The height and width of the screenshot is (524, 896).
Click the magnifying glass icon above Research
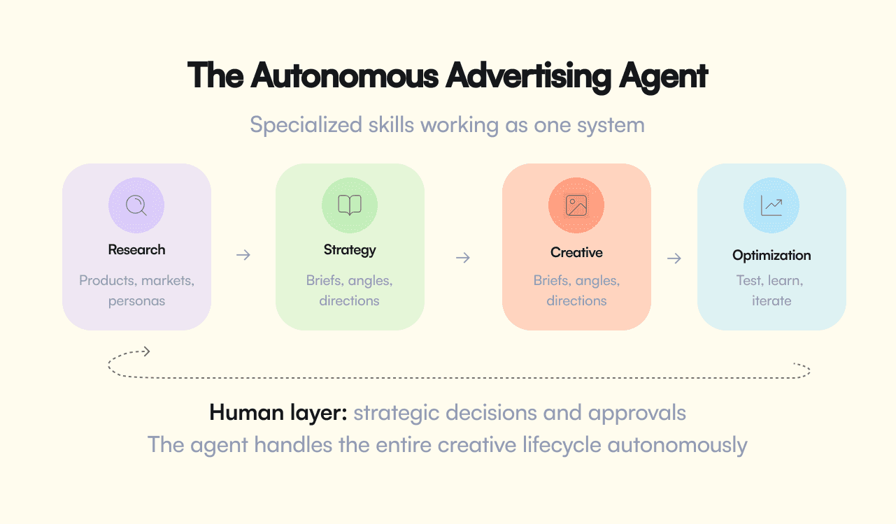136,205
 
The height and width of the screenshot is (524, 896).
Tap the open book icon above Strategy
350,205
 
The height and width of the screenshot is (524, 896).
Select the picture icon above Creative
576,205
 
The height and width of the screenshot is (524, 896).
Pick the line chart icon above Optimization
771,205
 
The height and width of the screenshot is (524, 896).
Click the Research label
136,249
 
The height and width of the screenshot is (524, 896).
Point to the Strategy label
350,249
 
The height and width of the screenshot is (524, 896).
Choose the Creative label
576,252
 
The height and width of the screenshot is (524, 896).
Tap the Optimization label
771,255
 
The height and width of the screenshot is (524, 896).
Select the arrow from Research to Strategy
243,255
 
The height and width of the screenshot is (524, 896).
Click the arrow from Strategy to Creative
462,258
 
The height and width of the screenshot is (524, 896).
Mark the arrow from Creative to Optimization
674,259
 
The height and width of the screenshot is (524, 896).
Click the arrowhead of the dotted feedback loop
145,351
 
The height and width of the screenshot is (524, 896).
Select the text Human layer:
278,412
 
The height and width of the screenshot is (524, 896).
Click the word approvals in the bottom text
637,413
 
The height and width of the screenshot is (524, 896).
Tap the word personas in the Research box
136,301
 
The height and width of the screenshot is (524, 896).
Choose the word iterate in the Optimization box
771,301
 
